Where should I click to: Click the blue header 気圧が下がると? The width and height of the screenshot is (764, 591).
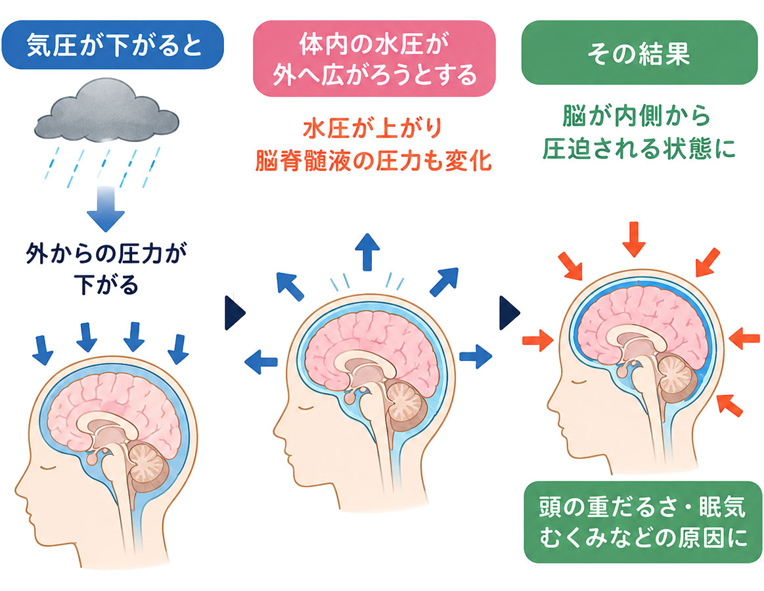pos(112,45)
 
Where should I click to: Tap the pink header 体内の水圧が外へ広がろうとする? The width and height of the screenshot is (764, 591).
pos(374,59)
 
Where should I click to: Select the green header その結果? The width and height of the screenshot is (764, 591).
pos(639,52)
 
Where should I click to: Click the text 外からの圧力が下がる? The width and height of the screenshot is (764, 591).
pos(106,269)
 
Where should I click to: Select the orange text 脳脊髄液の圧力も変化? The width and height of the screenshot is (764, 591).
pos(373,160)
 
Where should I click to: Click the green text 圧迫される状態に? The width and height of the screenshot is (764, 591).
pos(639,148)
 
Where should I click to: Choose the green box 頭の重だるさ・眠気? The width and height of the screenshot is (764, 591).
pos(642,522)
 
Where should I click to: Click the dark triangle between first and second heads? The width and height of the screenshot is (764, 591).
pos(235,312)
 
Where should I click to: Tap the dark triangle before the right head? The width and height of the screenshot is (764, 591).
pos(509,312)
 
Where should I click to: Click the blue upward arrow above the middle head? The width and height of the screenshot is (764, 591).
pos(367,252)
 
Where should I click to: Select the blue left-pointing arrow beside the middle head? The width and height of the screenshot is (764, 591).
pos(261,362)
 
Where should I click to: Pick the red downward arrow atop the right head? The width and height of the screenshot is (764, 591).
pos(634,239)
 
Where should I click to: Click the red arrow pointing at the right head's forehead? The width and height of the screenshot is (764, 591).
pos(538,339)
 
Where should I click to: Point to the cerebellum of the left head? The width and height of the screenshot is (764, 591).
pos(147,465)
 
